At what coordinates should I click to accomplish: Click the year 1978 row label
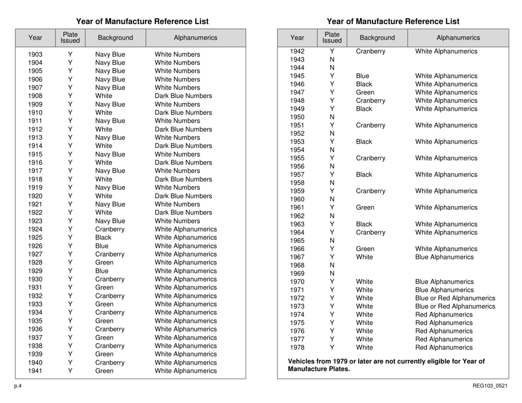[297, 347]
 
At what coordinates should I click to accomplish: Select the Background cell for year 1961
[365, 207]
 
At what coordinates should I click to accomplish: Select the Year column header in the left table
[35, 38]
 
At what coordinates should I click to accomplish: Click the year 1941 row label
[35, 373]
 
